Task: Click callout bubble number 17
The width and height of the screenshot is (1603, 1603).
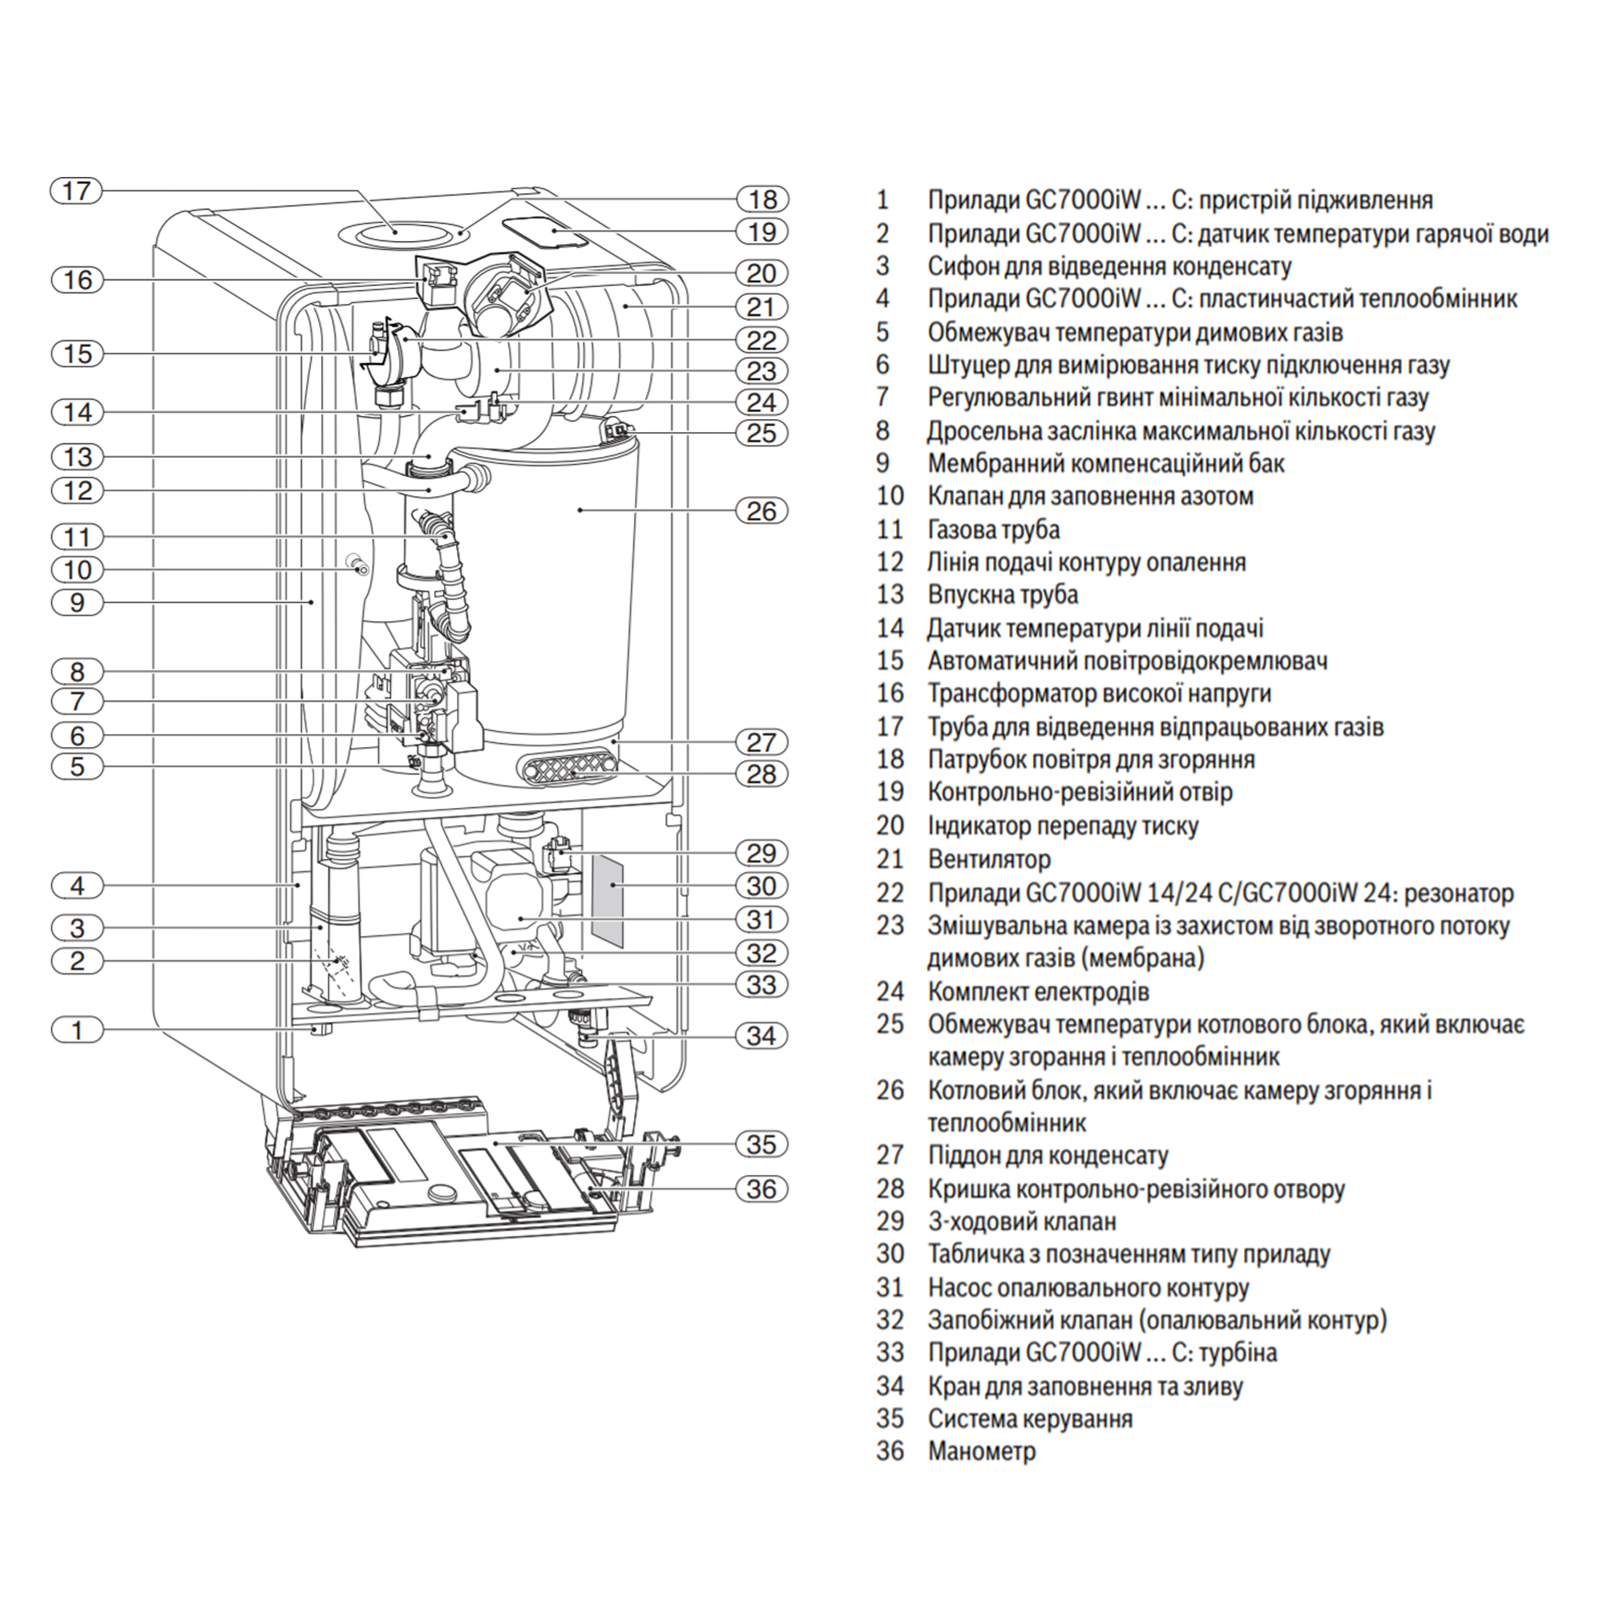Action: click(76, 191)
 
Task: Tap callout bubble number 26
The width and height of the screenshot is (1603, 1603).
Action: click(761, 511)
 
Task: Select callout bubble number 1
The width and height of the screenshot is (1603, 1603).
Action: click(77, 1031)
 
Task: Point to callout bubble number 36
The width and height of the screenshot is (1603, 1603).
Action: click(761, 1189)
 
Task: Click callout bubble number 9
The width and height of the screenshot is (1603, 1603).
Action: click(77, 603)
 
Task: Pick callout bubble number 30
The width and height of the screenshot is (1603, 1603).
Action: click(761, 886)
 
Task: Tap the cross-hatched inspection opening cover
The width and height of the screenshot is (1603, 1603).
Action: click(569, 769)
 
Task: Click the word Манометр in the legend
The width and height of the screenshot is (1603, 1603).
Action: click(982, 1452)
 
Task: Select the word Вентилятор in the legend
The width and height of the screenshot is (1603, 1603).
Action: click(989, 858)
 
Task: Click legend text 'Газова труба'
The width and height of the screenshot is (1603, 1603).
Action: click(993, 529)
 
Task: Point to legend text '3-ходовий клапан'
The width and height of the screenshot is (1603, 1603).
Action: click(1021, 1221)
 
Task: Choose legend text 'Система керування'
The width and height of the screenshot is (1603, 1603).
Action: click(1030, 1419)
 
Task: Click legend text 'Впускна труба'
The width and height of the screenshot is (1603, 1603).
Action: click(1003, 595)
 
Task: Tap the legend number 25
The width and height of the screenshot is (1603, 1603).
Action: click(890, 1024)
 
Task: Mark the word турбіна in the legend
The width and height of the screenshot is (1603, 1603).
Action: click(1236, 1352)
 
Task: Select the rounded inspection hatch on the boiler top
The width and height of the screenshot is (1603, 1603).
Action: click(546, 232)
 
